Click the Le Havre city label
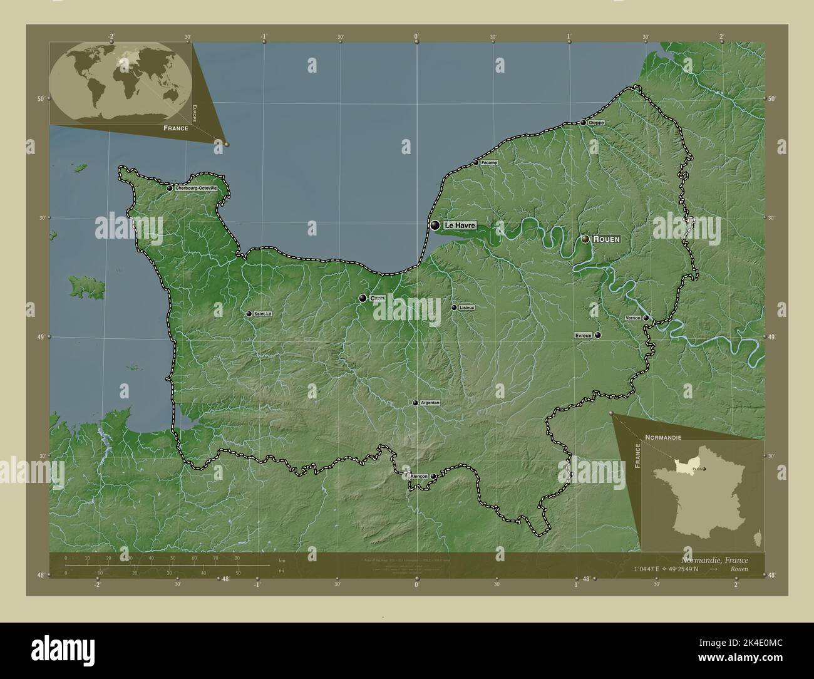[x=460, y=225]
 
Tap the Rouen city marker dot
[x=585, y=239]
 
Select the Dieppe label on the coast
[x=597, y=123]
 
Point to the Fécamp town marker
[x=476, y=163]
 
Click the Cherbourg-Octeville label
[x=197, y=188]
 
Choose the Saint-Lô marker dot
[x=249, y=314]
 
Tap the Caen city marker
[x=363, y=298]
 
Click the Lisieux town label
[x=466, y=308]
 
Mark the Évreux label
[x=583, y=336]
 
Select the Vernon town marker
[x=646, y=318]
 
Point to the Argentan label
[x=430, y=403]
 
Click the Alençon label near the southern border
[x=418, y=476]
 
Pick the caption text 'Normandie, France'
[x=714, y=560]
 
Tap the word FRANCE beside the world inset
[x=176, y=127]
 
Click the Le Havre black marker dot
[x=435, y=225]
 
